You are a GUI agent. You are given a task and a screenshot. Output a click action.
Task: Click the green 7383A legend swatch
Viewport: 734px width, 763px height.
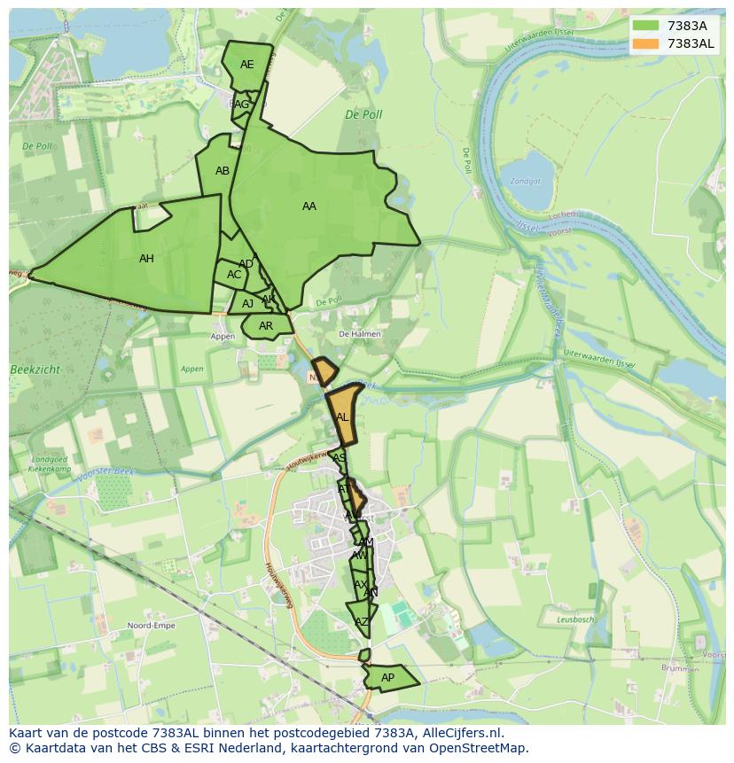[646, 26]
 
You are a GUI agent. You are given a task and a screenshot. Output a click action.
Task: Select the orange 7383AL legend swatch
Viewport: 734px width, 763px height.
[646, 43]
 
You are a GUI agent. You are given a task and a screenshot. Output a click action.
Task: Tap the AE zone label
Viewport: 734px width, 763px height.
[246, 65]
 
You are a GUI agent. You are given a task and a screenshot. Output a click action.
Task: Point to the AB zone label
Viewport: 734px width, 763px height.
[223, 171]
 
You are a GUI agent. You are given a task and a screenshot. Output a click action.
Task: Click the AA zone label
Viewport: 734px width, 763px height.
[308, 206]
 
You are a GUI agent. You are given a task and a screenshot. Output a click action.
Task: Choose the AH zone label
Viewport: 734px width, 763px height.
[146, 259]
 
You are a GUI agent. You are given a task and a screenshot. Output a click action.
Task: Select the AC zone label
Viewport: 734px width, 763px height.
[234, 275]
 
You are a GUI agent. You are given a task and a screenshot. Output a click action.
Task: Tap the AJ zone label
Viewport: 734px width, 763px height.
[247, 304]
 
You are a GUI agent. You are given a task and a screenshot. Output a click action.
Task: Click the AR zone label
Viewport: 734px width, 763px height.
[266, 326]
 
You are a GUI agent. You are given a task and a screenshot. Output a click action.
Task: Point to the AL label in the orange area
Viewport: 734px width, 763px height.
[342, 417]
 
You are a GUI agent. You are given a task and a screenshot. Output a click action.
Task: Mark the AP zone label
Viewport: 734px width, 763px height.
[387, 678]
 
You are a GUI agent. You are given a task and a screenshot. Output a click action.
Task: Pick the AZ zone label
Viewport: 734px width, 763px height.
[361, 622]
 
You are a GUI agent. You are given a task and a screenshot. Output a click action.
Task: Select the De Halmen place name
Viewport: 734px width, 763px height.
[360, 334]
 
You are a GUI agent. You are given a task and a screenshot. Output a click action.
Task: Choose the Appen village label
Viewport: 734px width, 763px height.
[223, 337]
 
